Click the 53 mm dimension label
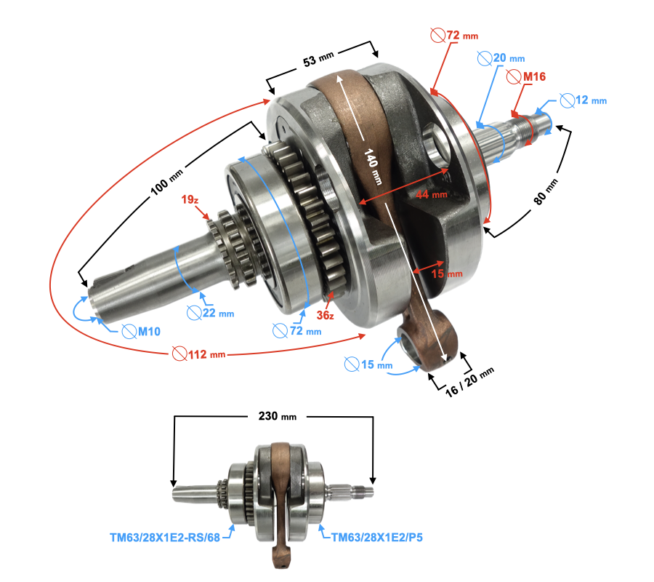[x=318, y=59]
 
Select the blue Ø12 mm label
[x=583, y=100]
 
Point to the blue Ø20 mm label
[x=501, y=58]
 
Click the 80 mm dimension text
[x=546, y=191]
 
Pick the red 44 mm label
[x=431, y=194]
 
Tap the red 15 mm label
[x=447, y=274]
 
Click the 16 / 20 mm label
[x=469, y=382]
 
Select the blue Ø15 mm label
[x=368, y=364]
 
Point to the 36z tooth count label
[x=325, y=315]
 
